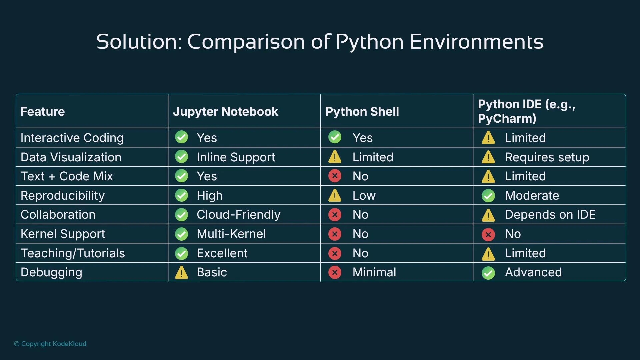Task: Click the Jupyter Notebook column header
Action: pyautogui.click(x=225, y=111)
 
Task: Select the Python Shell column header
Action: pyautogui.click(x=362, y=111)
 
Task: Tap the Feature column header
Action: pyautogui.click(x=43, y=111)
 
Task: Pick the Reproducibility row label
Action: pyautogui.click(x=63, y=196)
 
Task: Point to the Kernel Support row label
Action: pyautogui.click(x=63, y=234)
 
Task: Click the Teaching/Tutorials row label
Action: pyautogui.click(x=73, y=253)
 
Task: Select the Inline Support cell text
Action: pyautogui.click(x=236, y=157)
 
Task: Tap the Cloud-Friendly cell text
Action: pyautogui.click(x=238, y=215)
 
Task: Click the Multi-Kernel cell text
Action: pyautogui.click(x=231, y=234)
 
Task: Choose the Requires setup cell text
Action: pyautogui.click(x=547, y=157)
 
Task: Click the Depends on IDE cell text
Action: pyautogui.click(x=550, y=215)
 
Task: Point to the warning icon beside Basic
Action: pyautogui.click(x=182, y=273)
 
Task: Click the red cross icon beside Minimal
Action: pyautogui.click(x=335, y=272)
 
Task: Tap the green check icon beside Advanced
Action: pyautogui.click(x=488, y=273)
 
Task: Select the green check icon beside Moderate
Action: pyautogui.click(x=488, y=196)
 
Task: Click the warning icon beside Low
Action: pyautogui.click(x=335, y=196)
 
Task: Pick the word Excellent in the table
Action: pyautogui.click(x=222, y=253)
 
